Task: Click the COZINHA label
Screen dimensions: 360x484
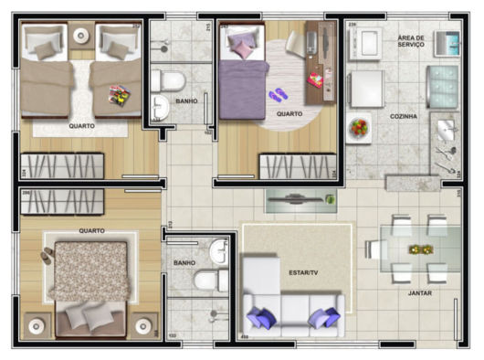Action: tap(403, 116)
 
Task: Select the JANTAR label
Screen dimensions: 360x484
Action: tap(420, 293)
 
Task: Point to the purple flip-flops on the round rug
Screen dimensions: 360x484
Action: tap(278, 94)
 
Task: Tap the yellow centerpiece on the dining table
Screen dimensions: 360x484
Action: tap(420, 249)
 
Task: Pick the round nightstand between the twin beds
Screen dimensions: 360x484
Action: tap(81, 37)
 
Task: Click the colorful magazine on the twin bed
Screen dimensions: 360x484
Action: tap(119, 93)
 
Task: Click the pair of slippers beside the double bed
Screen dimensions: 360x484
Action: tap(47, 256)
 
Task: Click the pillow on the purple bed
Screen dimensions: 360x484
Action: tap(241, 43)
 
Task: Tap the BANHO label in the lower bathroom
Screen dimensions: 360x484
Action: tap(184, 263)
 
